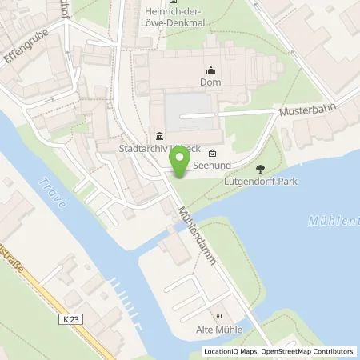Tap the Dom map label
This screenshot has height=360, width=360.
(210, 81)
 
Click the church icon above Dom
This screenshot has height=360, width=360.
(210, 69)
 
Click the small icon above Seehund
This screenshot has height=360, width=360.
(211, 154)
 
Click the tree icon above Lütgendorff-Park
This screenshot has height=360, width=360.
(260, 168)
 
